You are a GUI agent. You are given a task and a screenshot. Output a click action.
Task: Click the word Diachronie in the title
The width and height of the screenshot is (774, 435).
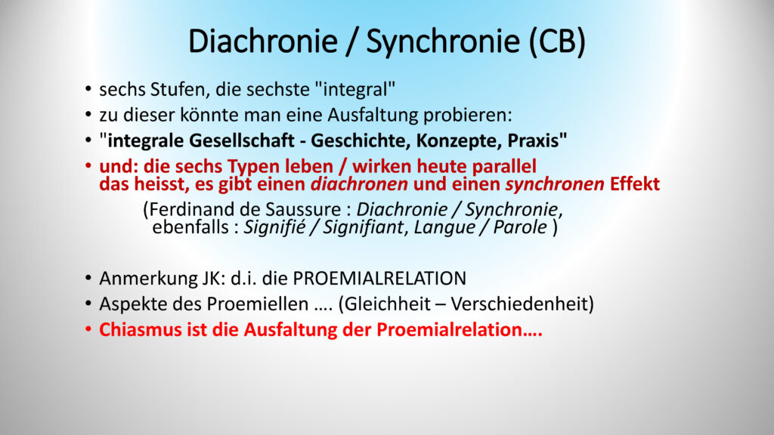pos(262,41)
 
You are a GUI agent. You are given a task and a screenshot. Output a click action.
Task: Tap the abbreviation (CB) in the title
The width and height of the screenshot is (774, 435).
pos(557,42)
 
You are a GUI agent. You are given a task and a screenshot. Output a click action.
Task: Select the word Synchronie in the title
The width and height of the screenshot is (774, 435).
pos(443,42)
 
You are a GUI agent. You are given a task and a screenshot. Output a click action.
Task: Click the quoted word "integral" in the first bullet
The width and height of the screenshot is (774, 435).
pos(355,90)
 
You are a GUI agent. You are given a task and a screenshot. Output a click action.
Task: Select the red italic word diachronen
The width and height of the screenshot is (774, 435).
pos(359,184)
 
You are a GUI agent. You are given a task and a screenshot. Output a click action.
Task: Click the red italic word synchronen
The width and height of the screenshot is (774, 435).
pos(555,184)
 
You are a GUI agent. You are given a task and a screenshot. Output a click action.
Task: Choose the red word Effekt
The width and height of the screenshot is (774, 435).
pos(635,184)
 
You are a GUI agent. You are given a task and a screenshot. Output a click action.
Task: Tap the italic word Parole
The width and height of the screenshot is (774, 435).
pos(520,227)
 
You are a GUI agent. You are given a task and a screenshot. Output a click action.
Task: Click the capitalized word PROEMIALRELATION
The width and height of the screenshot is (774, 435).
pos(379,279)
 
